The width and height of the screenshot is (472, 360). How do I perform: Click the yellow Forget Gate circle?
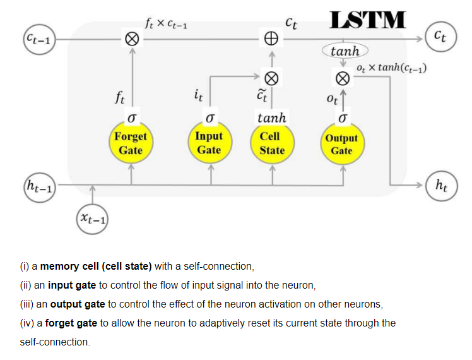pos(131,143)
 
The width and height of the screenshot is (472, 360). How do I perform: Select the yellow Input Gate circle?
pos(208,143)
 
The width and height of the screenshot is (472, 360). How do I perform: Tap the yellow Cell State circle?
pos(272,143)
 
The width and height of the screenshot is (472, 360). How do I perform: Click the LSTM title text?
pos(368,20)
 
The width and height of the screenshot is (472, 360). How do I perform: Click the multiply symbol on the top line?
pos(131,39)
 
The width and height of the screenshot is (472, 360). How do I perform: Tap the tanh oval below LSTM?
pos(345,51)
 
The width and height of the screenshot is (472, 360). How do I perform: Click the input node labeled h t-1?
pos(39,186)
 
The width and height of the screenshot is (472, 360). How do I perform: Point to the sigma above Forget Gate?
pos(131,118)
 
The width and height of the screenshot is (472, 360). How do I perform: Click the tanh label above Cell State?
pos(272,117)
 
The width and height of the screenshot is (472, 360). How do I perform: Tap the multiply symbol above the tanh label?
pos(271,78)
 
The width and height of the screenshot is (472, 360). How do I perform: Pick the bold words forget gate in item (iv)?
pos(71,323)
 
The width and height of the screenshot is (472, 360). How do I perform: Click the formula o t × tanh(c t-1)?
pos(391,68)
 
